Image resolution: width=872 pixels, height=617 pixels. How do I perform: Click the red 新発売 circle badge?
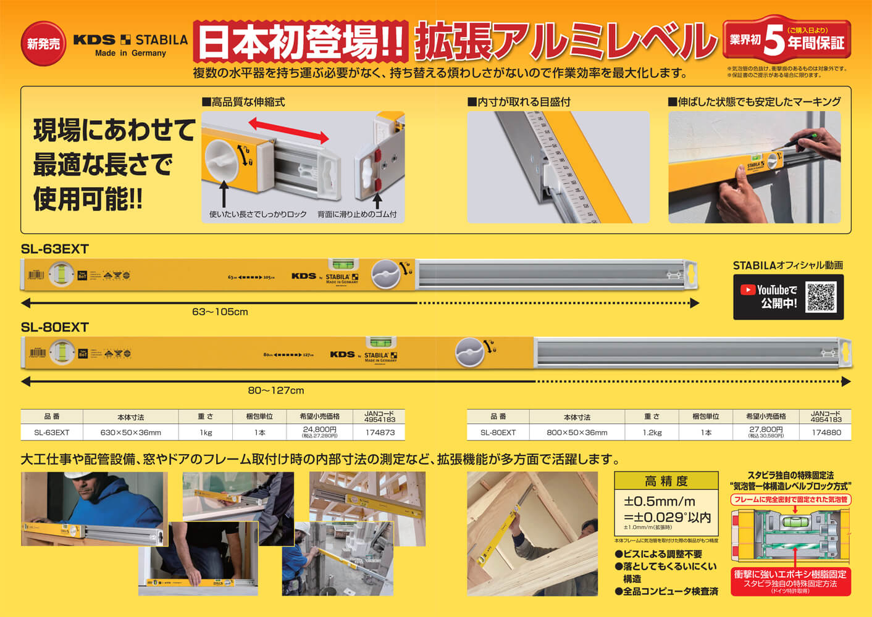43,43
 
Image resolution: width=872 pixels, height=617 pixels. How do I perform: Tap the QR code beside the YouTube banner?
821,297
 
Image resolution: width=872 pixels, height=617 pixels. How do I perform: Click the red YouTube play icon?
748,289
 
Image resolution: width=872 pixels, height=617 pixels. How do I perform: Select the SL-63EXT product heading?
55,249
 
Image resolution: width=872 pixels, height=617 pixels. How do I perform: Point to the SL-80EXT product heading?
55,327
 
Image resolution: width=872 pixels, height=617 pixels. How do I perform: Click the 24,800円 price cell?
319,431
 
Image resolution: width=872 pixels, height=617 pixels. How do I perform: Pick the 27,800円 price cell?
766,431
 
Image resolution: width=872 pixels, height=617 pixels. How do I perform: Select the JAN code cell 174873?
380,433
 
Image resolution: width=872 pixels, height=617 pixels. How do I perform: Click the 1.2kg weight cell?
652,433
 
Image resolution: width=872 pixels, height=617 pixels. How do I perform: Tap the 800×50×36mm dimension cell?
577,433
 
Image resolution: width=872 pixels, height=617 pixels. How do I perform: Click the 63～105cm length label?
220,312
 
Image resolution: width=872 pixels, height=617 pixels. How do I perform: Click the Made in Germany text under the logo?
130,53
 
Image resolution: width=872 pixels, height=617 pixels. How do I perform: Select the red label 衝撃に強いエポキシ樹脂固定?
790,574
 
